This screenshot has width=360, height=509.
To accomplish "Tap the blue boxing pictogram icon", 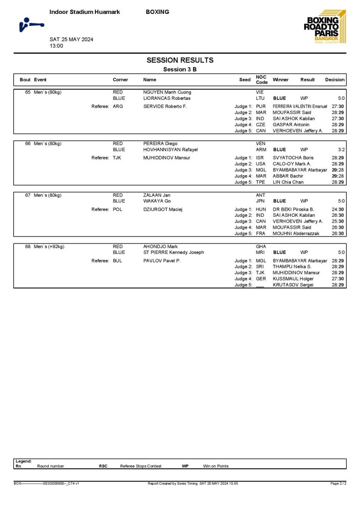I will coord(30,24).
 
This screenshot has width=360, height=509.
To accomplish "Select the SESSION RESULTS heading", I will coord(180,60).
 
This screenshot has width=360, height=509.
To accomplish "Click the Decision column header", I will coord(335,80).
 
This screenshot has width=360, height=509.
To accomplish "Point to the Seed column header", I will coord(245,80).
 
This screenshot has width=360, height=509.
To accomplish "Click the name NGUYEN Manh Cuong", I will coord(167,92).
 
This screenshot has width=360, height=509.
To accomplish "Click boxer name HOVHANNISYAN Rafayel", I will coord(171,150).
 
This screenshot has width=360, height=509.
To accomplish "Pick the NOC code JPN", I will coord(261,201).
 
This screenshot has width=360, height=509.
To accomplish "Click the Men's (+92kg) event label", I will coord(49,247).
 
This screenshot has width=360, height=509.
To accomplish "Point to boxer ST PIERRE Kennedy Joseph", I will coord(174,253).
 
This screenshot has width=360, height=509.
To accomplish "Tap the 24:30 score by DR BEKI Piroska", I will coord(338,209).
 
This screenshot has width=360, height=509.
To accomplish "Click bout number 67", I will coord(28,195).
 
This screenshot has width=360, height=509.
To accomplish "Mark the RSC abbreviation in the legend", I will coord(103,466).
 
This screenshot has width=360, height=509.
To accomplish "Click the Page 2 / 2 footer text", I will coord(338,483).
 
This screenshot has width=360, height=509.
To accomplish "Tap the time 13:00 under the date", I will coord(56,46).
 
